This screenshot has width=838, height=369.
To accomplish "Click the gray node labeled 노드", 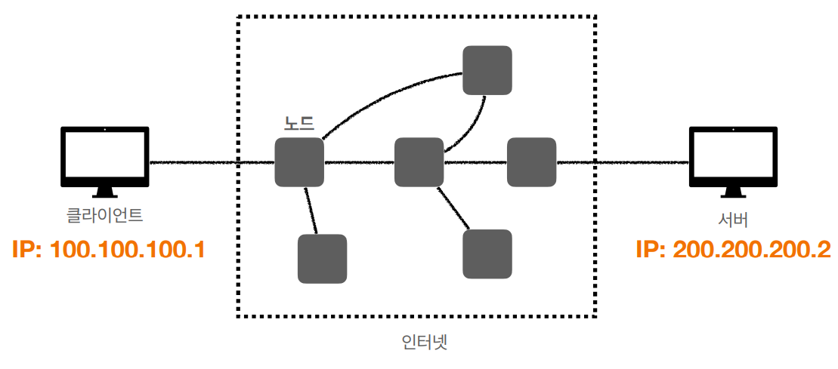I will [x=299, y=162].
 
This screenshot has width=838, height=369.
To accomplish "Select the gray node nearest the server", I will [x=531, y=162].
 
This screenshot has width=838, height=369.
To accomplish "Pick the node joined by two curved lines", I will [x=487, y=70].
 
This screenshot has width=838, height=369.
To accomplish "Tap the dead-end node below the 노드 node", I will [x=322, y=259].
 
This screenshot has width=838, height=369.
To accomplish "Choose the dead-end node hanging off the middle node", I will [x=487, y=254].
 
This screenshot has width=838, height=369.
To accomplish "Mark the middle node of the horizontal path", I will [x=419, y=162].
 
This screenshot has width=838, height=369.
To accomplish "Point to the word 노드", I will [x=298, y=122].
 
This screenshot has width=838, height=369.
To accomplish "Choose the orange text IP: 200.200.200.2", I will [x=733, y=250].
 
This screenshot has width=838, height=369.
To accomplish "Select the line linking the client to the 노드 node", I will [x=212, y=162].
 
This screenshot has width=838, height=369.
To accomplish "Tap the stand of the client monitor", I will [x=104, y=194].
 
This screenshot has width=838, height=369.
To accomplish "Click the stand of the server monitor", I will [x=732, y=194].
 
